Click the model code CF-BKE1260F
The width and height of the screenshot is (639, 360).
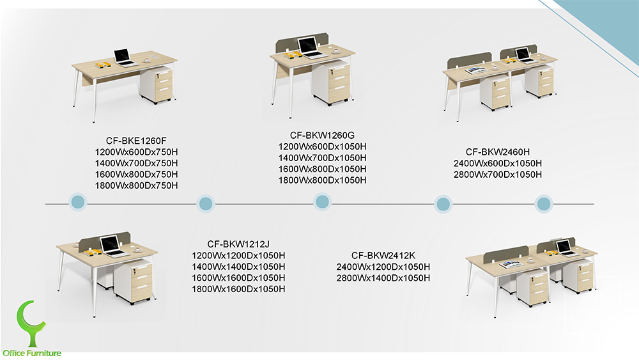(x=135, y=141)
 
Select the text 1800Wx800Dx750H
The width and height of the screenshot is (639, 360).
(x=135, y=185)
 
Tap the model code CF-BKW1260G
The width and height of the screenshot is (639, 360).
(x=322, y=136)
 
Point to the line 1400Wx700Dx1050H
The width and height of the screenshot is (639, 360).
(x=322, y=157)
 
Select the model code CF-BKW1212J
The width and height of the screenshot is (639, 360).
(x=238, y=244)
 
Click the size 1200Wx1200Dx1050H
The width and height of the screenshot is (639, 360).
(x=238, y=256)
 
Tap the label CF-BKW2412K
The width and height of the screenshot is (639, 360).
(x=383, y=255)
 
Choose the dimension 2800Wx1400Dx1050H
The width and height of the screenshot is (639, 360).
(x=383, y=278)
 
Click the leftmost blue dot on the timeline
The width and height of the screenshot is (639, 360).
(x=77, y=201)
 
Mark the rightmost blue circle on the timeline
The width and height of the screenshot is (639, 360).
(x=543, y=204)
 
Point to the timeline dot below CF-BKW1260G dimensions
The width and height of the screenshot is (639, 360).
(x=323, y=202)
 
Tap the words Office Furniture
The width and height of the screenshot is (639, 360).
(x=32, y=353)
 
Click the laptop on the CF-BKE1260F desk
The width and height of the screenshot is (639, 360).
(x=125, y=58)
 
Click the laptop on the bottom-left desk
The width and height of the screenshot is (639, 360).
(x=112, y=247)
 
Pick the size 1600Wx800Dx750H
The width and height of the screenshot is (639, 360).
(x=135, y=175)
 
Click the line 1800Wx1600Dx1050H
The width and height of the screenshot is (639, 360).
(x=238, y=289)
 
